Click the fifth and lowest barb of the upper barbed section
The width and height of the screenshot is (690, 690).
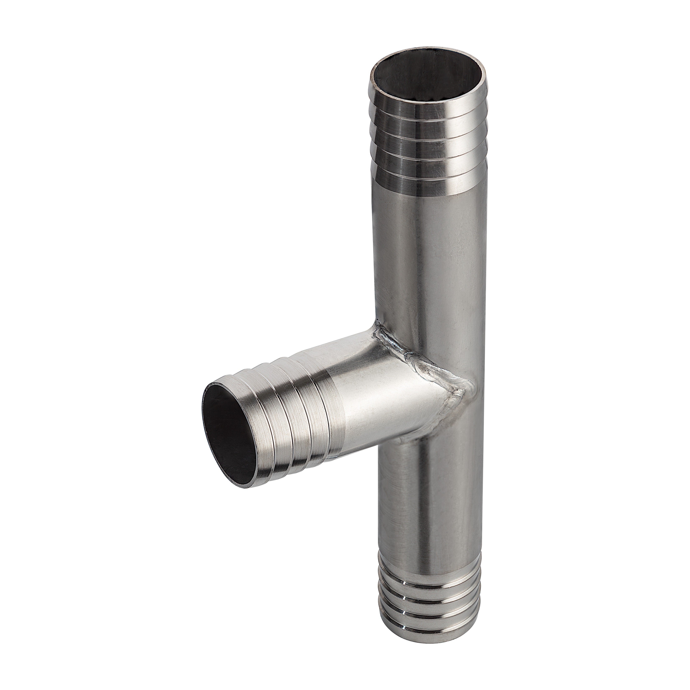[x=429, y=179]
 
